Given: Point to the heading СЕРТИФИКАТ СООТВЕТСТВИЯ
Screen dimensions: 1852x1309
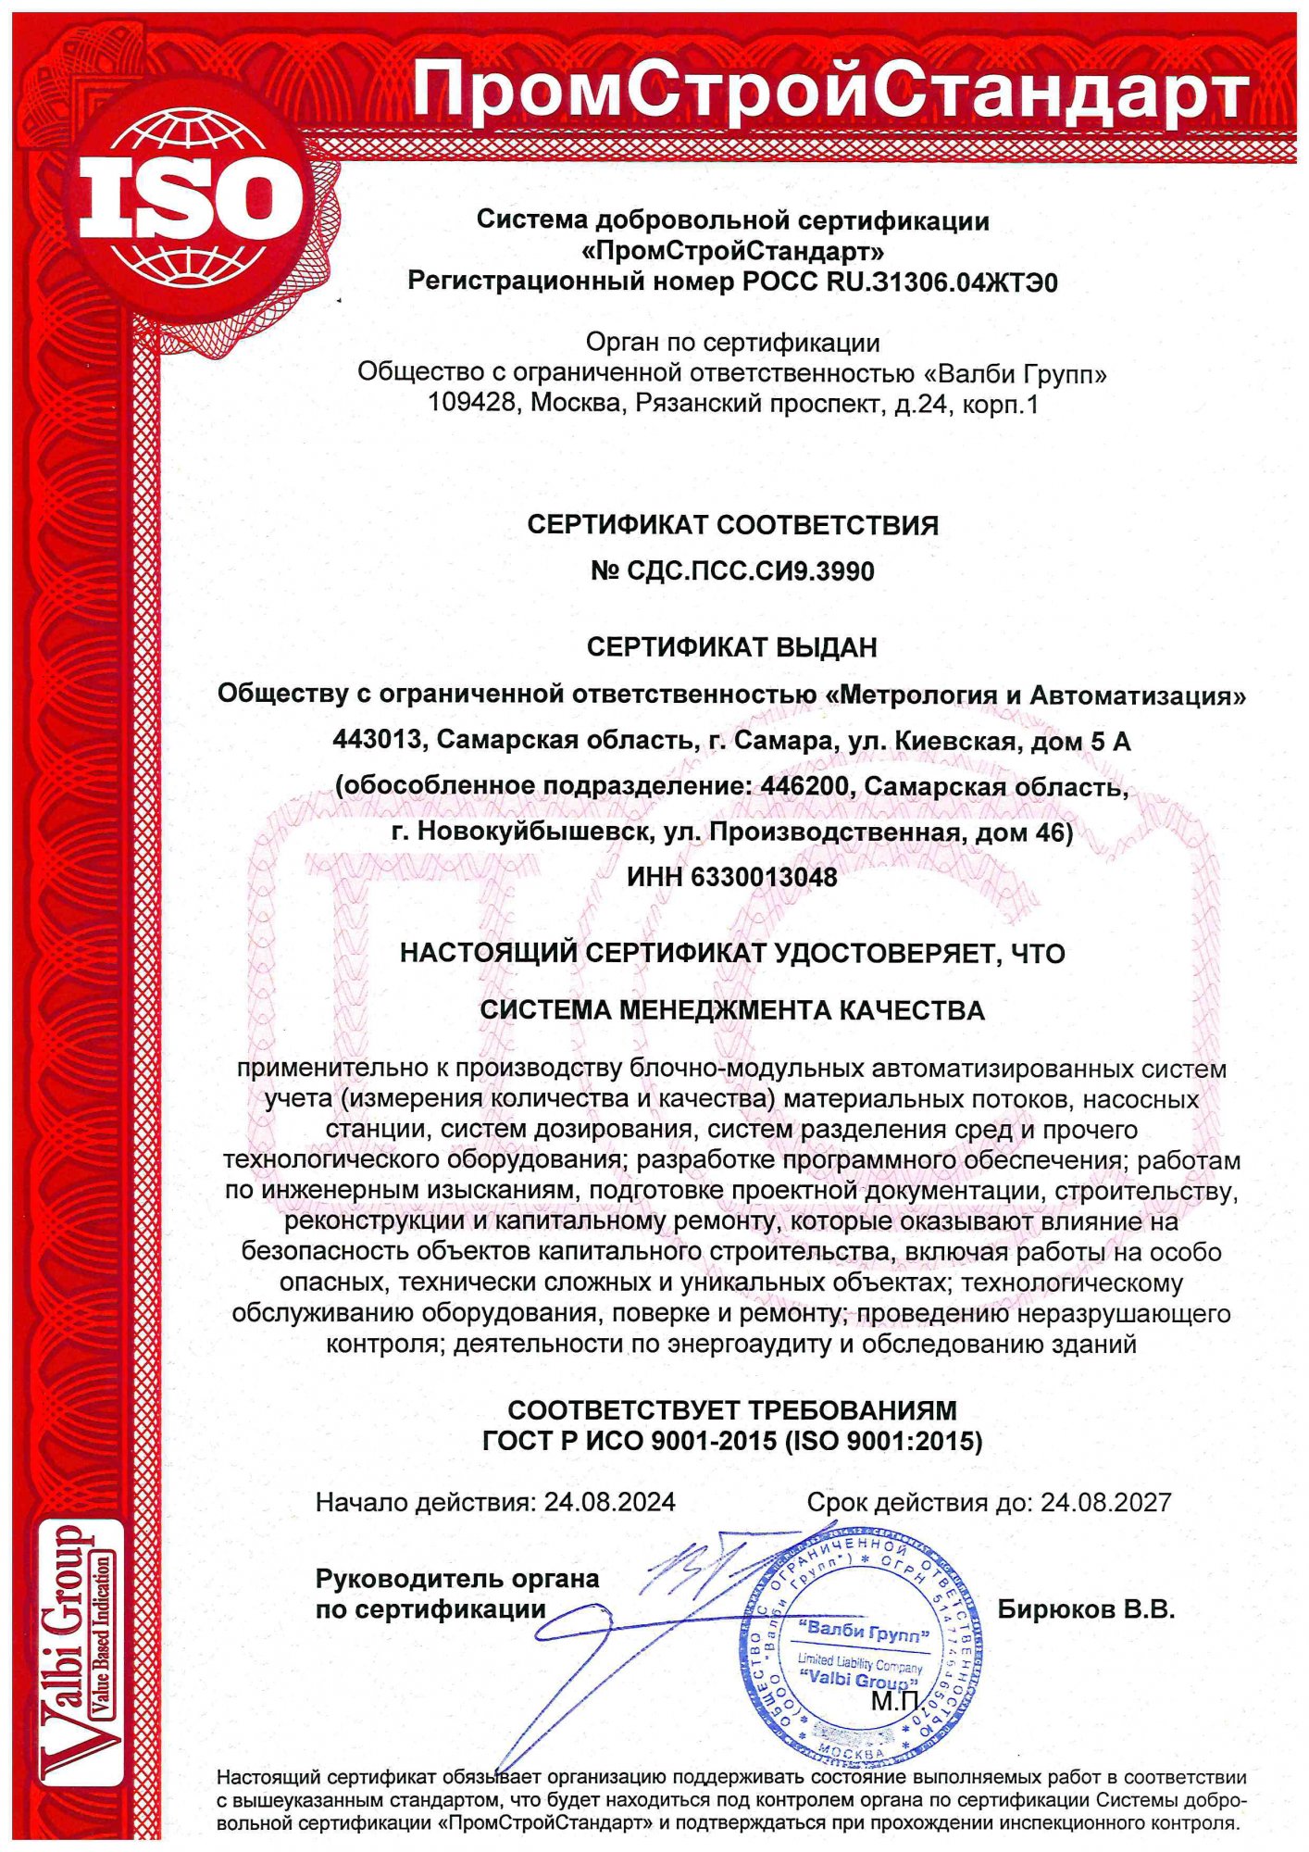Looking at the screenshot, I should (x=732, y=525).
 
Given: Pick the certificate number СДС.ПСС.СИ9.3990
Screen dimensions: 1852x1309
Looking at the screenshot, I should (x=751, y=571).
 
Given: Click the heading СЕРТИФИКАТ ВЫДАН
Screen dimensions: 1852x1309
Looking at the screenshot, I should (x=731, y=647).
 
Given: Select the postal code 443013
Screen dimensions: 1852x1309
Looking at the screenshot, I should (x=378, y=741).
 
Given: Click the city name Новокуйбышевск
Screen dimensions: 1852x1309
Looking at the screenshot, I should (x=531, y=832).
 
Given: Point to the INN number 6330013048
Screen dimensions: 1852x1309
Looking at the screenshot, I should (x=764, y=877).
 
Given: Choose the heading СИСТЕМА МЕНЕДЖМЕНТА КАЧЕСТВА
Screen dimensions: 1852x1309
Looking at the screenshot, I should (x=731, y=1010).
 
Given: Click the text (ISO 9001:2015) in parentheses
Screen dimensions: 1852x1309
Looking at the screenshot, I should (x=883, y=1440).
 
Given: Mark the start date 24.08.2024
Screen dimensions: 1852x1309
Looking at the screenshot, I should (x=609, y=1502).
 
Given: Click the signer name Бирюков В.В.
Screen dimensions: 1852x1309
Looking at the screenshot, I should (x=1086, y=1609).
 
